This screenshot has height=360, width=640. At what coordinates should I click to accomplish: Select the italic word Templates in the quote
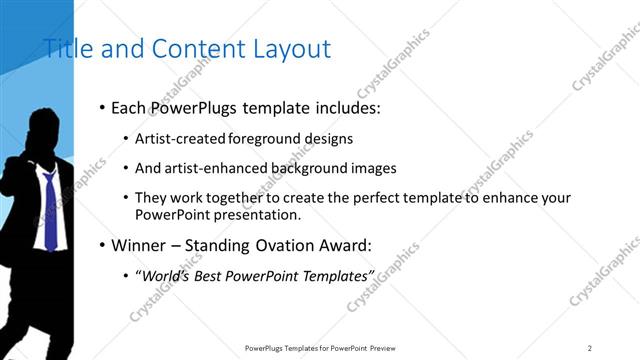(x=337, y=275)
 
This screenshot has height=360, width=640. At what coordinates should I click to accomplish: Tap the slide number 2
(x=590, y=348)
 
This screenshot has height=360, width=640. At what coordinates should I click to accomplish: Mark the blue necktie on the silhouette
(x=48, y=210)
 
